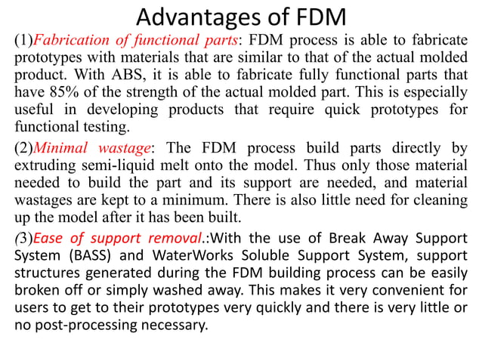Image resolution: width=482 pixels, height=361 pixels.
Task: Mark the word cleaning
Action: pyautogui.click(x=434, y=199)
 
